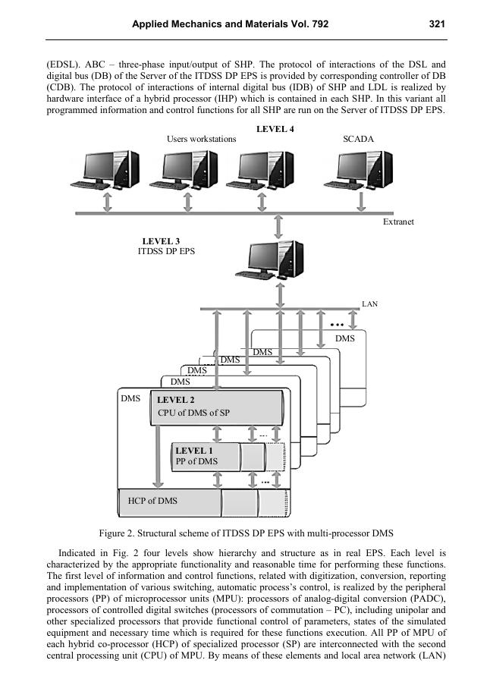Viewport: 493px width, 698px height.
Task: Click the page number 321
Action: click(436, 24)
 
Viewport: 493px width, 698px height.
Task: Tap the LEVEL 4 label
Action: click(275, 129)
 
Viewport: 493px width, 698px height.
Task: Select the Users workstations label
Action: click(201, 140)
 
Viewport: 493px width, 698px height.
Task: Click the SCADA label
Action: click(359, 140)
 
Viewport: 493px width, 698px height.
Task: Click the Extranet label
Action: click(398, 222)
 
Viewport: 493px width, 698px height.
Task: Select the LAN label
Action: click(370, 304)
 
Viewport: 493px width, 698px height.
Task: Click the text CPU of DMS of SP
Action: click(193, 413)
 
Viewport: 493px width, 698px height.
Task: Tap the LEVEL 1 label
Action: click(193, 451)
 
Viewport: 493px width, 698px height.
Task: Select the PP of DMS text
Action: click(196, 461)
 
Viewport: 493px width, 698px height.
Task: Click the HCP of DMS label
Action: click(152, 501)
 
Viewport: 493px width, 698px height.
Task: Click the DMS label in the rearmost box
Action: click(345, 338)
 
